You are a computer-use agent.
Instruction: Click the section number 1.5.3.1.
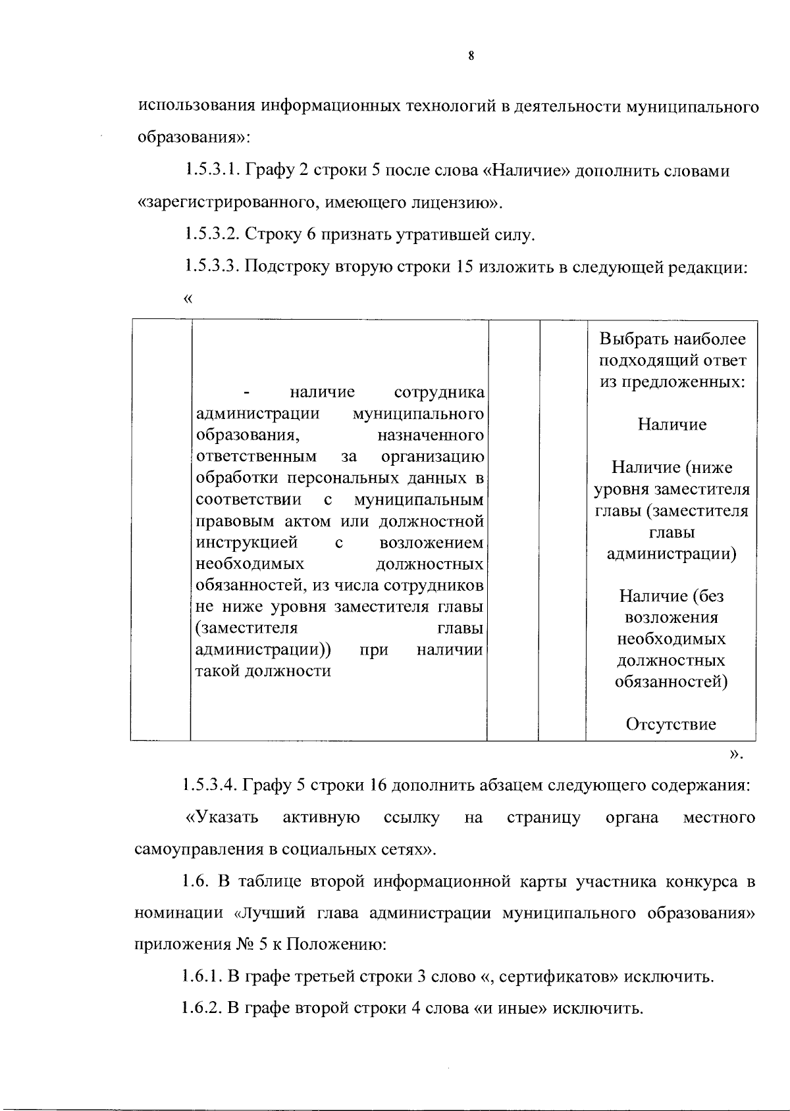[212, 171]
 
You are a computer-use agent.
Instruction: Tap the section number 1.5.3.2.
[212, 234]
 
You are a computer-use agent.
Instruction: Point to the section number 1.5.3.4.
[212, 785]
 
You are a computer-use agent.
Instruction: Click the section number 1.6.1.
[203, 976]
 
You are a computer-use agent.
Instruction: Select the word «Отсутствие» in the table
[671, 725]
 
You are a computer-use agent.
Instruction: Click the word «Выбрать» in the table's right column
[631, 339]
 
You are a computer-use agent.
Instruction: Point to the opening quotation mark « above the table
[189, 299]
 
